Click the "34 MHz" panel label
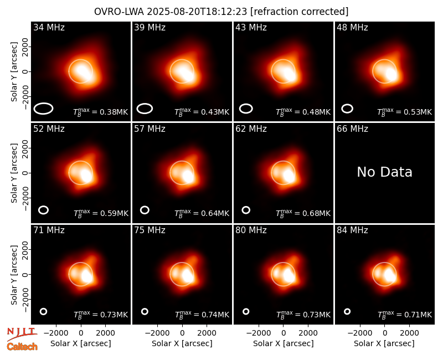click(x=49, y=27)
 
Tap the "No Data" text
click(x=384, y=172)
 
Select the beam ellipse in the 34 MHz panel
click(x=44, y=109)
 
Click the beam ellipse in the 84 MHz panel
click(x=347, y=311)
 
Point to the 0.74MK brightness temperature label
click(x=202, y=315)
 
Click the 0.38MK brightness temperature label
click(x=101, y=112)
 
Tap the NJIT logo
click(x=22, y=334)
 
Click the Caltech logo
click(x=22, y=347)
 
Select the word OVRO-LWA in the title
click(x=119, y=12)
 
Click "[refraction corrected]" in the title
click(x=300, y=12)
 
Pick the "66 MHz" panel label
click(x=352, y=129)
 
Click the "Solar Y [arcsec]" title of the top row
click(x=14, y=72)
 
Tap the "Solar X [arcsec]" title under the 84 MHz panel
click(x=384, y=343)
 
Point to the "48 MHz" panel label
click(x=352, y=27)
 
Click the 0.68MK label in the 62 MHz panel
click(x=303, y=213)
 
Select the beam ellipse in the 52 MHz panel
click(x=44, y=210)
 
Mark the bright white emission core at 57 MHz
click(x=188, y=176)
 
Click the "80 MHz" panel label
click(x=251, y=230)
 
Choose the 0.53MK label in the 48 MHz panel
click(x=405, y=112)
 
